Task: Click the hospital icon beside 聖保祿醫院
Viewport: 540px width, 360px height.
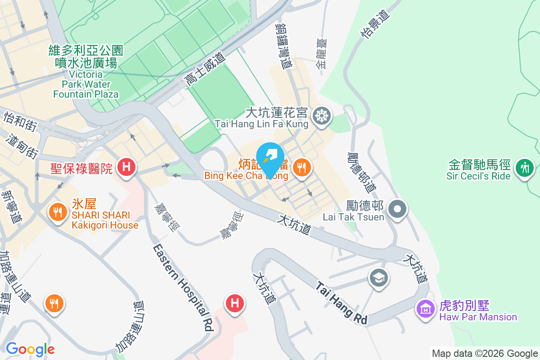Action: (126, 168)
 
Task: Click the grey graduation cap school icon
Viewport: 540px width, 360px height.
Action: (379, 277)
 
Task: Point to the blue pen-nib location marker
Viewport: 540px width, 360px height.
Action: (270, 157)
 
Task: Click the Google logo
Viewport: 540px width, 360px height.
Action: (30, 349)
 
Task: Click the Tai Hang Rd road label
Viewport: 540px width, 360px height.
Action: (341, 303)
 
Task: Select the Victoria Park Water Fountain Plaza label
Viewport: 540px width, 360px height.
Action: (85, 72)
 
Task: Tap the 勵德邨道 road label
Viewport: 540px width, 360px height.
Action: (360, 171)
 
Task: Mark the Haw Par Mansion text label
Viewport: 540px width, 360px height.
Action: (478, 317)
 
